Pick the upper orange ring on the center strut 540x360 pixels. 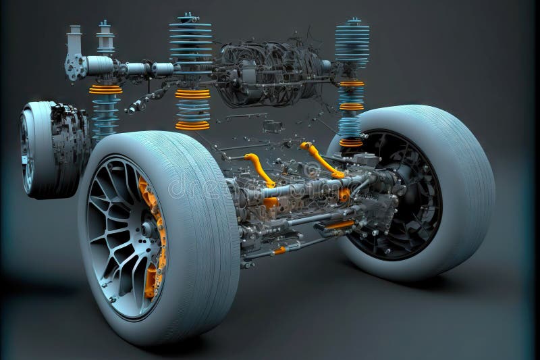tap(192, 94)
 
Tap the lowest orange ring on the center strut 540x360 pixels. tap(192, 125)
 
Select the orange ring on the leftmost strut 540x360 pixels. tap(105, 89)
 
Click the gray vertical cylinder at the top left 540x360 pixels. tap(74, 41)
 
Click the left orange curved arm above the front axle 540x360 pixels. tap(260, 169)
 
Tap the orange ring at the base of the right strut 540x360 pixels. tap(351, 143)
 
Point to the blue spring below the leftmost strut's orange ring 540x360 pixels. tap(105, 115)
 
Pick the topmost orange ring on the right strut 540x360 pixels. tap(352, 84)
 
